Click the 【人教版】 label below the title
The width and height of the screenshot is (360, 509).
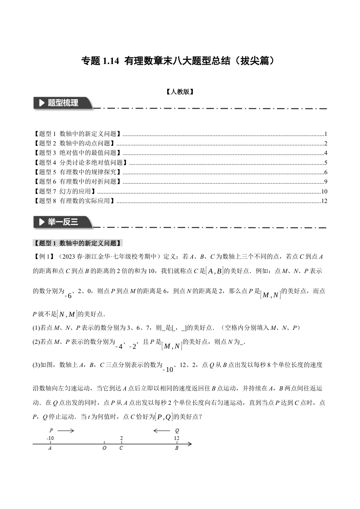(180, 92)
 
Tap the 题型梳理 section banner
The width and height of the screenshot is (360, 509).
(63, 103)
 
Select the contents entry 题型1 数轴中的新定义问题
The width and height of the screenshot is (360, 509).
(78, 134)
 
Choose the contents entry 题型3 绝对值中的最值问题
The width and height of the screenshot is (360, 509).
(78, 153)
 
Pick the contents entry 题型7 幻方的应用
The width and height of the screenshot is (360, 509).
(65, 191)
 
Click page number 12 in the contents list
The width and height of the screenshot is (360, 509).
(324, 201)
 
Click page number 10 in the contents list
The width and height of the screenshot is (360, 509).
(324, 191)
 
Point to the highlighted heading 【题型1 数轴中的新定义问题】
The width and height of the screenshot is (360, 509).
(78, 243)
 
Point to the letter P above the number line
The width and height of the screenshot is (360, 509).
(51, 431)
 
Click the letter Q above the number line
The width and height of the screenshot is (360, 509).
(177, 431)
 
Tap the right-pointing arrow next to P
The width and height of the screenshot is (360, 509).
(66, 431)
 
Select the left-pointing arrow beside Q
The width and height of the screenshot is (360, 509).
(162, 431)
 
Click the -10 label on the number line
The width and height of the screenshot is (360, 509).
(50, 438)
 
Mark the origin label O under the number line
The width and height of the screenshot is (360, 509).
(105, 448)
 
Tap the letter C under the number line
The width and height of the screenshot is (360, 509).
(121, 448)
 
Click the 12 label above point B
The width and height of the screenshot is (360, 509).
(177, 438)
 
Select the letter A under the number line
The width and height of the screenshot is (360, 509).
(50, 448)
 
